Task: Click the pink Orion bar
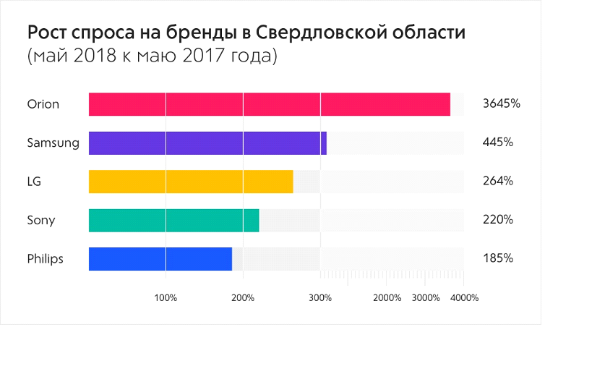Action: click(x=269, y=104)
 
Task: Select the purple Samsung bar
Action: click(x=207, y=143)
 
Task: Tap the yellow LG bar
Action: click(x=191, y=182)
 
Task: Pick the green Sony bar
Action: click(x=173, y=220)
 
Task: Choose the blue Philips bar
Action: click(x=160, y=259)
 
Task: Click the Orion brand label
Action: click(x=43, y=104)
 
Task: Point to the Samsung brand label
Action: click(x=53, y=143)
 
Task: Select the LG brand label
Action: click(x=34, y=182)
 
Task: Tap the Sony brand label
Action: click(x=40, y=220)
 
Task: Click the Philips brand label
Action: click(x=45, y=259)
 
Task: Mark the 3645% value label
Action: click(x=502, y=103)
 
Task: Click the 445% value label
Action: click(x=498, y=143)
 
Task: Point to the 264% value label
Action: click(x=498, y=181)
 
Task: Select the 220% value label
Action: click(x=498, y=219)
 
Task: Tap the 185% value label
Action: click(x=498, y=258)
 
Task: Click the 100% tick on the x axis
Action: click(x=166, y=297)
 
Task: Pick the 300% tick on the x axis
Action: click(x=320, y=297)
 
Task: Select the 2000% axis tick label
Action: click(x=387, y=297)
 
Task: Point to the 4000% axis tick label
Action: click(x=464, y=297)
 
